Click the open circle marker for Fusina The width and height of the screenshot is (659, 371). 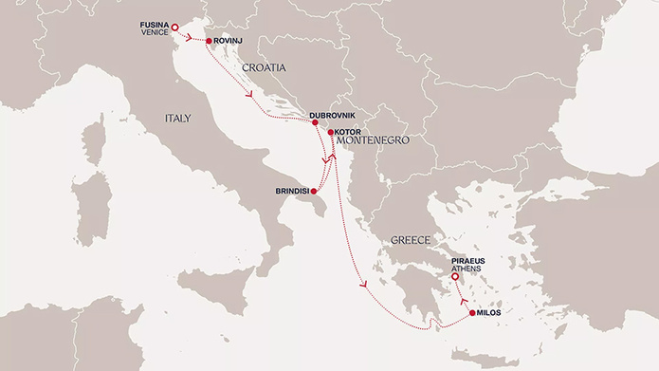click(x=174, y=27)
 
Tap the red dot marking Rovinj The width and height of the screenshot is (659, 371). click(x=208, y=41)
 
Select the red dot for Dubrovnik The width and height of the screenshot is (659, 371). click(x=314, y=122)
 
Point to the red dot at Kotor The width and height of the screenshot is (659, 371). click(x=330, y=132)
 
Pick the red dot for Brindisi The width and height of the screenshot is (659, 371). click(x=313, y=191)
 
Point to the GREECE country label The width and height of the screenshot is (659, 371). click(x=411, y=241)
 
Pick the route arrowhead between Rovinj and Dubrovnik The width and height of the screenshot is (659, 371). click(x=249, y=94)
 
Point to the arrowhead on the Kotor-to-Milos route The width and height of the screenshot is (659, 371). click(x=361, y=283)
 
